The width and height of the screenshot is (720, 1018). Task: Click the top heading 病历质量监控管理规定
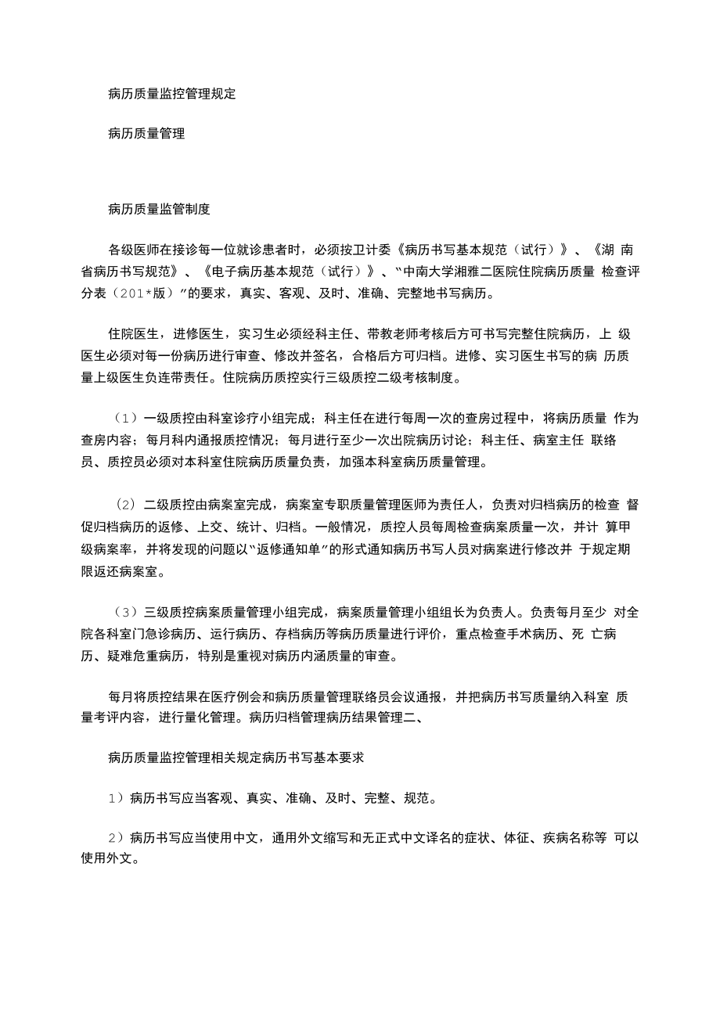coord(171,94)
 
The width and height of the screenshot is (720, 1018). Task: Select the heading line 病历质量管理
coord(146,134)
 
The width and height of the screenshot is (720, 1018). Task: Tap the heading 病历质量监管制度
coord(159,209)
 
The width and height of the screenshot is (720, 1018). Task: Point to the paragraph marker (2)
coord(127,503)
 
